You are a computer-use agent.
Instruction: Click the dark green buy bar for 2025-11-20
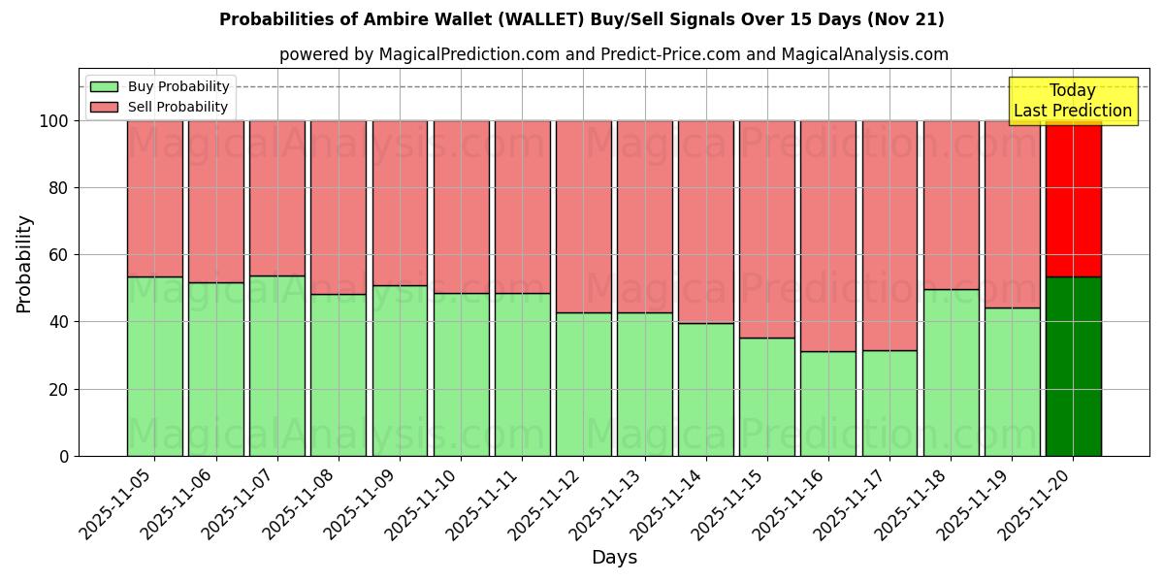(1073, 367)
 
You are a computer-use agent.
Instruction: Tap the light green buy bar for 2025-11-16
(828, 404)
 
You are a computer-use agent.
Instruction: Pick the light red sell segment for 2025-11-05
(155, 199)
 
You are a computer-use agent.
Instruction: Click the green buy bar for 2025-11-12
(584, 384)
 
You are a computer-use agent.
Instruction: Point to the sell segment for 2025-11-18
(951, 205)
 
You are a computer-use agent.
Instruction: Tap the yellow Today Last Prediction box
(1073, 101)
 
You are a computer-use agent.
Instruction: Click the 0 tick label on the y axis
(64, 456)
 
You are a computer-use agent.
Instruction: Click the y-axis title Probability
(24, 264)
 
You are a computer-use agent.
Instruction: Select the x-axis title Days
(614, 558)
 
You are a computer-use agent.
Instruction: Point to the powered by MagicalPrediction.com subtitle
(614, 54)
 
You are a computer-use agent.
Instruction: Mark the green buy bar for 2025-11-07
(277, 366)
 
